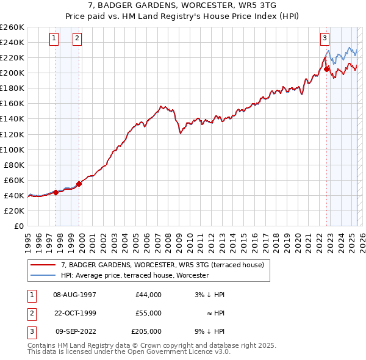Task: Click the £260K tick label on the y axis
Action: (x=12, y=27)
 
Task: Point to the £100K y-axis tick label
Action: (x=12, y=149)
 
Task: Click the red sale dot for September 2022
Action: (x=326, y=69)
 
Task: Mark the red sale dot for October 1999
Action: (x=79, y=184)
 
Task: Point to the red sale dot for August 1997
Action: (x=56, y=192)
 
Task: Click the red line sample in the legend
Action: (x=43, y=265)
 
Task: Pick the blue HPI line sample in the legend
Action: (x=43, y=275)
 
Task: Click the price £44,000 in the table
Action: (x=148, y=295)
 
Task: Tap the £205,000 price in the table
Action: (x=146, y=331)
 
